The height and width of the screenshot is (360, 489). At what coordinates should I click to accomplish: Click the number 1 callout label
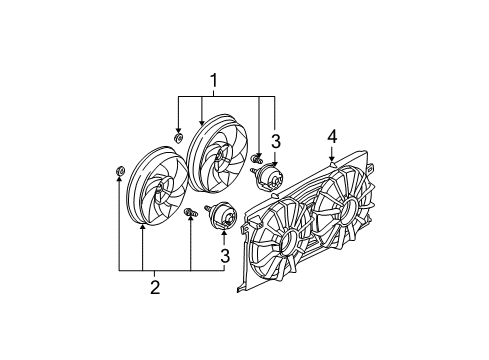click(211, 78)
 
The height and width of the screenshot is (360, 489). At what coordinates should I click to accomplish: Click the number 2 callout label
click(154, 287)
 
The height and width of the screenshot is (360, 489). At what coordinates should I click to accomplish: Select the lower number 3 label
click(225, 255)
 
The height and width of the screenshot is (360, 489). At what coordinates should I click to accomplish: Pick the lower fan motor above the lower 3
click(221, 217)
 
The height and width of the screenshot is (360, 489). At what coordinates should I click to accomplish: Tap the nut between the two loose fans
click(179, 137)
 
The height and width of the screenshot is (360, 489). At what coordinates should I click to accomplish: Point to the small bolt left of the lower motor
click(188, 212)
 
